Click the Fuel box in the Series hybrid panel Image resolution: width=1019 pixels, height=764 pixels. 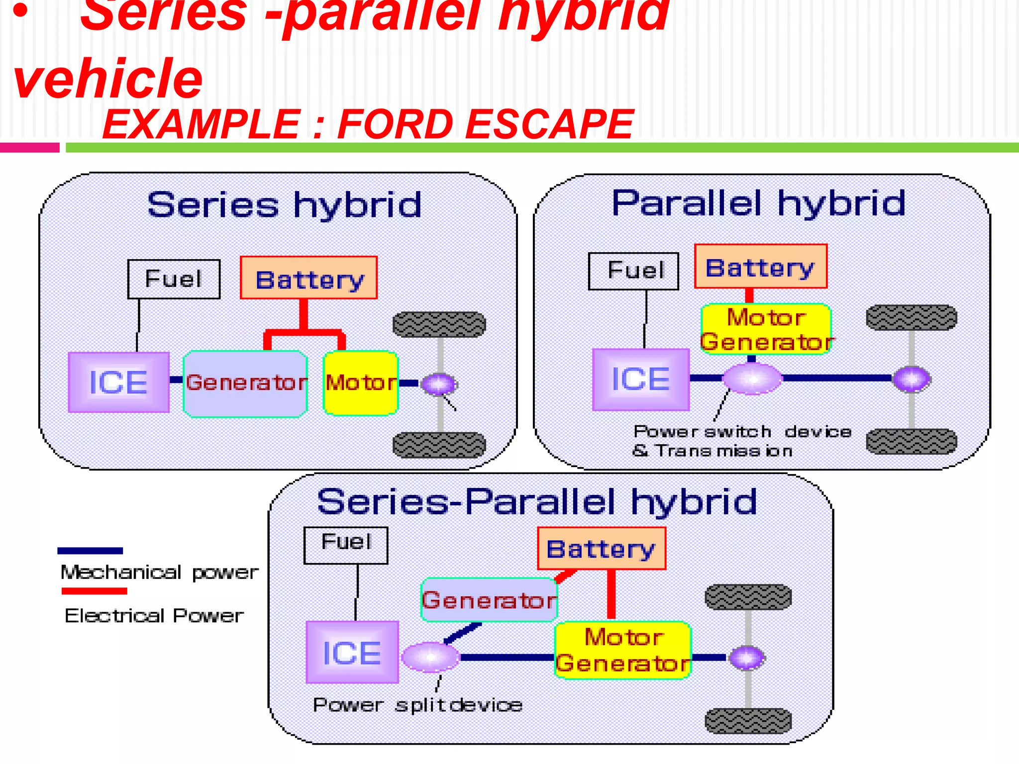pyautogui.click(x=174, y=279)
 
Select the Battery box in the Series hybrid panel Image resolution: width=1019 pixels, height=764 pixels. pyautogui.click(x=308, y=278)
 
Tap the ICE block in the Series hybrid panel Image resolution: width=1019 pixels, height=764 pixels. pyautogui.click(x=119, y=382)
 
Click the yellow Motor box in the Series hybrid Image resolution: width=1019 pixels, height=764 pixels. pyautogui.click(x=360, y=383)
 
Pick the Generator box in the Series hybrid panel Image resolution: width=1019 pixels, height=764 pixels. pyautogui.click(x=245, y=383)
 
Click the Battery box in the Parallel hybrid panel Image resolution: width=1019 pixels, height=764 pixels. pyautogui.click(x=760, y=267)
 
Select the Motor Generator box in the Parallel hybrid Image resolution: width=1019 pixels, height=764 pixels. pyautogui.click(x=766, y=329)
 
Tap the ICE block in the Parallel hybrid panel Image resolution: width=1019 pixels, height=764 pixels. pyautogui.click(x=641, y=379)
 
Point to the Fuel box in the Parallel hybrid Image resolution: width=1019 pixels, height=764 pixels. pyautogui.click(x=633, y=271)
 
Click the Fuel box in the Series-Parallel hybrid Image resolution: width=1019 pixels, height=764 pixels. pyautogui.click(x=346, y=545)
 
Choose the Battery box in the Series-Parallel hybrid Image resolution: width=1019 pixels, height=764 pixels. pyautogui.click(x=601, y=549)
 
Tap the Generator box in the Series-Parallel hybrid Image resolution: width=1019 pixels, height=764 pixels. pyautogui.click(x=489, y=600)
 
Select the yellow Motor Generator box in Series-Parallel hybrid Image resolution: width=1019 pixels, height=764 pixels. pyautogui.click(x=623, y=650)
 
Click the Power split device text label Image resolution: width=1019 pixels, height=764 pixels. pyautogui.click(x=417, y=705)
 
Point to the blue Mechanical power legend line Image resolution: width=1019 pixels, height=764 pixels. pyautogui.click(x=90, y=551)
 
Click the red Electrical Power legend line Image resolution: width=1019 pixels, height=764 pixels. pyautogui.click(x=94, y=591)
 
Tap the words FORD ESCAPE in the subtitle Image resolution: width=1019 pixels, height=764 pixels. pyautogui.click(x=485, y=124)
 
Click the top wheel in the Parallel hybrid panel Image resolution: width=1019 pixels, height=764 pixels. pyautogui.click(x=911, y=318)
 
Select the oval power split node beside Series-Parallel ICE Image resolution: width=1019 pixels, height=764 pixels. pyautogui.click(x=430, y=657)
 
